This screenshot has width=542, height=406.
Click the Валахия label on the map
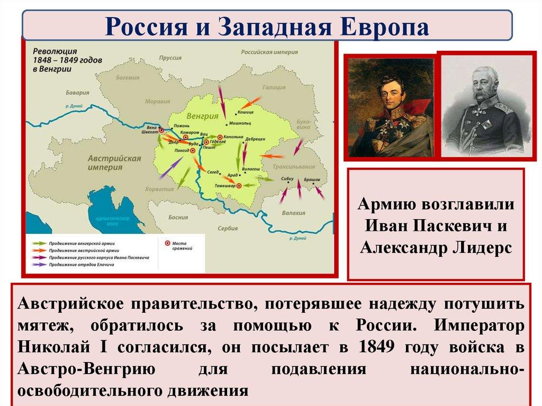(x=294, y=213)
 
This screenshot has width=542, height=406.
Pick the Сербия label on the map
(x=228, y=228)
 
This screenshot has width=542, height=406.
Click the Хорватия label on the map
(x=160, y=188)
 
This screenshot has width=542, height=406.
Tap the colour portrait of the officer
(x=391, y=106)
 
